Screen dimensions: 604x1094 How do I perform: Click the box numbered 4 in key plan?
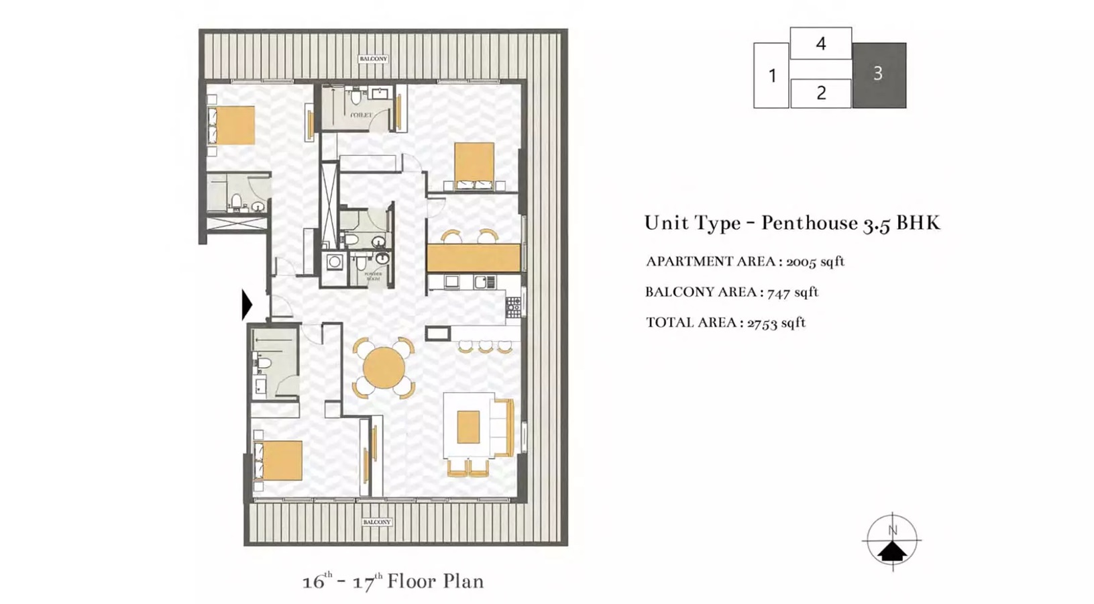pos(820,44)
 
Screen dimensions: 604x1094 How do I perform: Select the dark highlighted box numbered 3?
pos(879,74)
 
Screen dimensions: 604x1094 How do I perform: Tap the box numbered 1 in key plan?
pos(771,75)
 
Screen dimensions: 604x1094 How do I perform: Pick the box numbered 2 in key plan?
pos(820,93)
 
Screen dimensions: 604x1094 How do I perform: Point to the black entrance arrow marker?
pos(247,304)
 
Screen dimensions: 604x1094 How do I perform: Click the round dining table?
pos(384,368)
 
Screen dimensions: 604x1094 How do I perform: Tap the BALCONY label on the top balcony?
pos(373,59)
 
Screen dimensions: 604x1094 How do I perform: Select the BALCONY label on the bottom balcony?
pos(376,522)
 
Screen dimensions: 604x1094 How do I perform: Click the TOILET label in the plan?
pos(361,115)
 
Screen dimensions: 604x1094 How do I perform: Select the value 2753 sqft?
pos(776,323)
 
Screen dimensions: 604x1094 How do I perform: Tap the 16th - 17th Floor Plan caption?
pos(392,581)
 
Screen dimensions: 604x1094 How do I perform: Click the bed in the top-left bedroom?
pos(232,125)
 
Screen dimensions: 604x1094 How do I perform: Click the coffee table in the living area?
pos(468,427)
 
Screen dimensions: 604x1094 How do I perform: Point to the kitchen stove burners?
pos(513,307)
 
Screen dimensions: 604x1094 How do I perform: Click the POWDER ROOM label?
pos(373,276)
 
